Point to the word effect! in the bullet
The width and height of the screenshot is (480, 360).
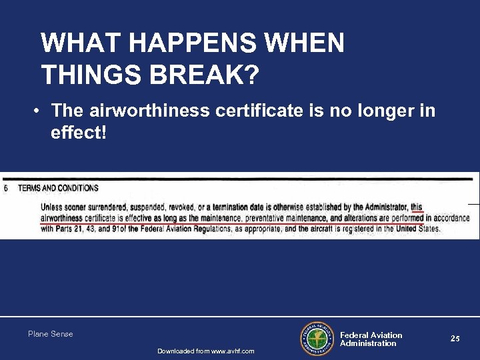pos(78,133)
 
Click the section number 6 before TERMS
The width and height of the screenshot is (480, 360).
pos(6,189)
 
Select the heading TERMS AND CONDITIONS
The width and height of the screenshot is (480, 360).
pos(58,189)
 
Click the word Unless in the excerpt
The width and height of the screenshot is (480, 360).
pos(53,208)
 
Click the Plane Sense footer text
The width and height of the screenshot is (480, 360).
pos(51,334)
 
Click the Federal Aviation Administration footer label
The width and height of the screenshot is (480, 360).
pos(371,339)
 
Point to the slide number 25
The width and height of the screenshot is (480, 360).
pos(455,339)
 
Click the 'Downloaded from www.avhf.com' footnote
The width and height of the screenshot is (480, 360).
pos(205,351)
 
